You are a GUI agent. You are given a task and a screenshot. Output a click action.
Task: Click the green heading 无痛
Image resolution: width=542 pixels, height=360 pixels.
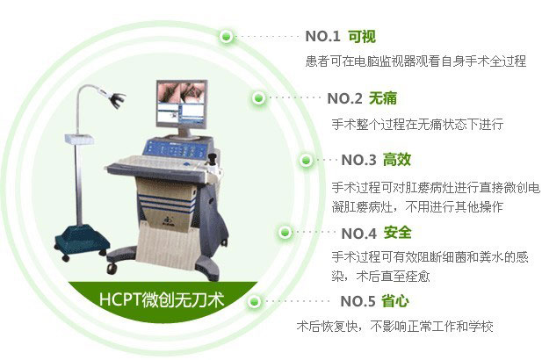coord(385,98)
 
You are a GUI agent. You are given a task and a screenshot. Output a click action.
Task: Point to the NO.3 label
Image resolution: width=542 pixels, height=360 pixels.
coord(358,160)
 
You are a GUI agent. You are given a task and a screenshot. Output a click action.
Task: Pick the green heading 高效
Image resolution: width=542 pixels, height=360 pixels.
coord(397,160)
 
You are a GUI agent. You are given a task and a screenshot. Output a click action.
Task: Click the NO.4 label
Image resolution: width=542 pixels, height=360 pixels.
coord(358,234)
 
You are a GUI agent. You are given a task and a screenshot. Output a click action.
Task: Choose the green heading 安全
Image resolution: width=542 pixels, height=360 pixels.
coord(397,234)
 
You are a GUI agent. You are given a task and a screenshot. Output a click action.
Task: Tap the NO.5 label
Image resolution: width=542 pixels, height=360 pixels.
coord(358,302)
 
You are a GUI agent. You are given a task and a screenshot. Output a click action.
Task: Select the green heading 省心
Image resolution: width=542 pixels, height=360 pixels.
coord(397,302)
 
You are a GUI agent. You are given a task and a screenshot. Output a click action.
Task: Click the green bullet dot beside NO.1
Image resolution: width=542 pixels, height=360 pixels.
coord(228,37)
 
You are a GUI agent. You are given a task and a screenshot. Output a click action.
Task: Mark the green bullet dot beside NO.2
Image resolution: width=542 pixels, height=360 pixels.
coord(258,98)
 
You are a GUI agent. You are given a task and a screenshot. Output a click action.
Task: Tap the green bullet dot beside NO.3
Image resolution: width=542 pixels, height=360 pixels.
coord(306,161)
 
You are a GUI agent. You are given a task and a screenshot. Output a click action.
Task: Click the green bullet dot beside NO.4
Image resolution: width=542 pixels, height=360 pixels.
coord(285,233)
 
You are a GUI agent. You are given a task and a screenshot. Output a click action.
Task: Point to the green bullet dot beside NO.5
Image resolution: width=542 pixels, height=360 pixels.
coord(254,302)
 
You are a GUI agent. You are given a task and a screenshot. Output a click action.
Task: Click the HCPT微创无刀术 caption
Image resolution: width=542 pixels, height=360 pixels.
coord(162,301)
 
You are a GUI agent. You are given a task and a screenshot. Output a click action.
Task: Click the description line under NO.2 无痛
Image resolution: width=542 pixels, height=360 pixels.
coord(416,124)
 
